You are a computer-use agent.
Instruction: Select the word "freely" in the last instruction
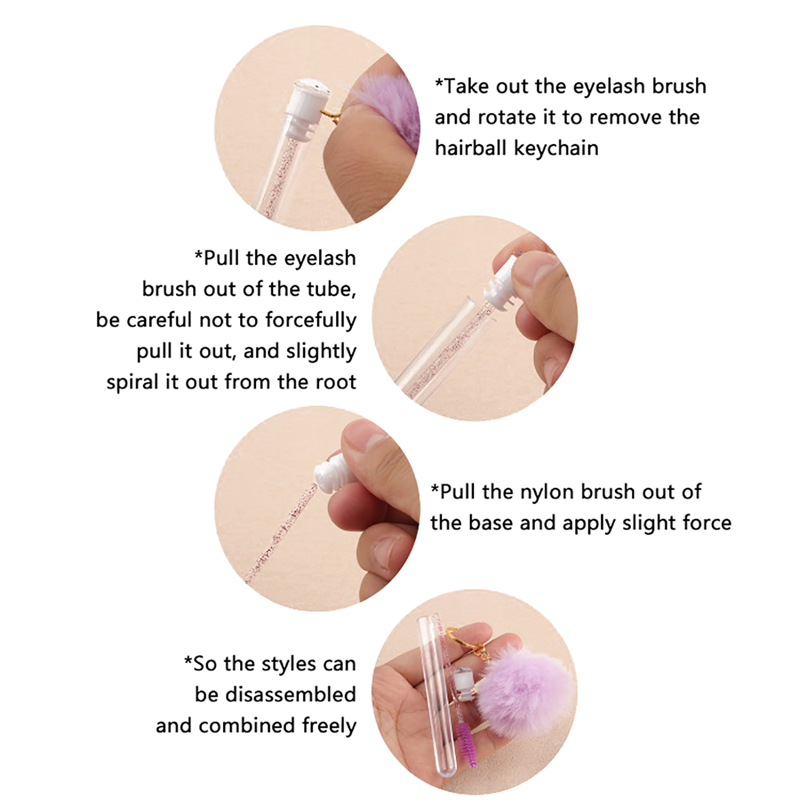pyautogui.click(x=329, y=726)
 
